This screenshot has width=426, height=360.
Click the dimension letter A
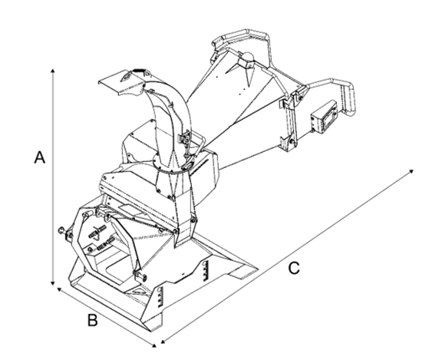(x=40, y=157)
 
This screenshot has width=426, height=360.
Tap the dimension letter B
(x=93, y=320)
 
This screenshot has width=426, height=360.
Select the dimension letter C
(x=294, y=268)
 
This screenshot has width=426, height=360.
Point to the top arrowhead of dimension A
(x=53, y=71)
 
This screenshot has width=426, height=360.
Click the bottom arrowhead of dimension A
(x=53, y=283)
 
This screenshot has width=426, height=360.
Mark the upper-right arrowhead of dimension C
(x=411, y=171)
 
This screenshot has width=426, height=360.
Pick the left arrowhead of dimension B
(x=58, y=289)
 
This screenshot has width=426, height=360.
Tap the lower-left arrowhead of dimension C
(x=163, y=342)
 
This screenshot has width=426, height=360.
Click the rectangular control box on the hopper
(x=325, y=117)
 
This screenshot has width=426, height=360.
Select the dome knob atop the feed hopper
(x=248, y=56)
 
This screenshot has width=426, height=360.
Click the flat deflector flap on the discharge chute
(x=124, y=81)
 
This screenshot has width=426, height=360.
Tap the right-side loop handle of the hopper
(x=337, y=96)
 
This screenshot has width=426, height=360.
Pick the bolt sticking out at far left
(x=62, y=231)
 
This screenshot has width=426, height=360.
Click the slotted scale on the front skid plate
(x=160, y=297)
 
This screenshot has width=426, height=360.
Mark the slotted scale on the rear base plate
(x=206, y=271)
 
